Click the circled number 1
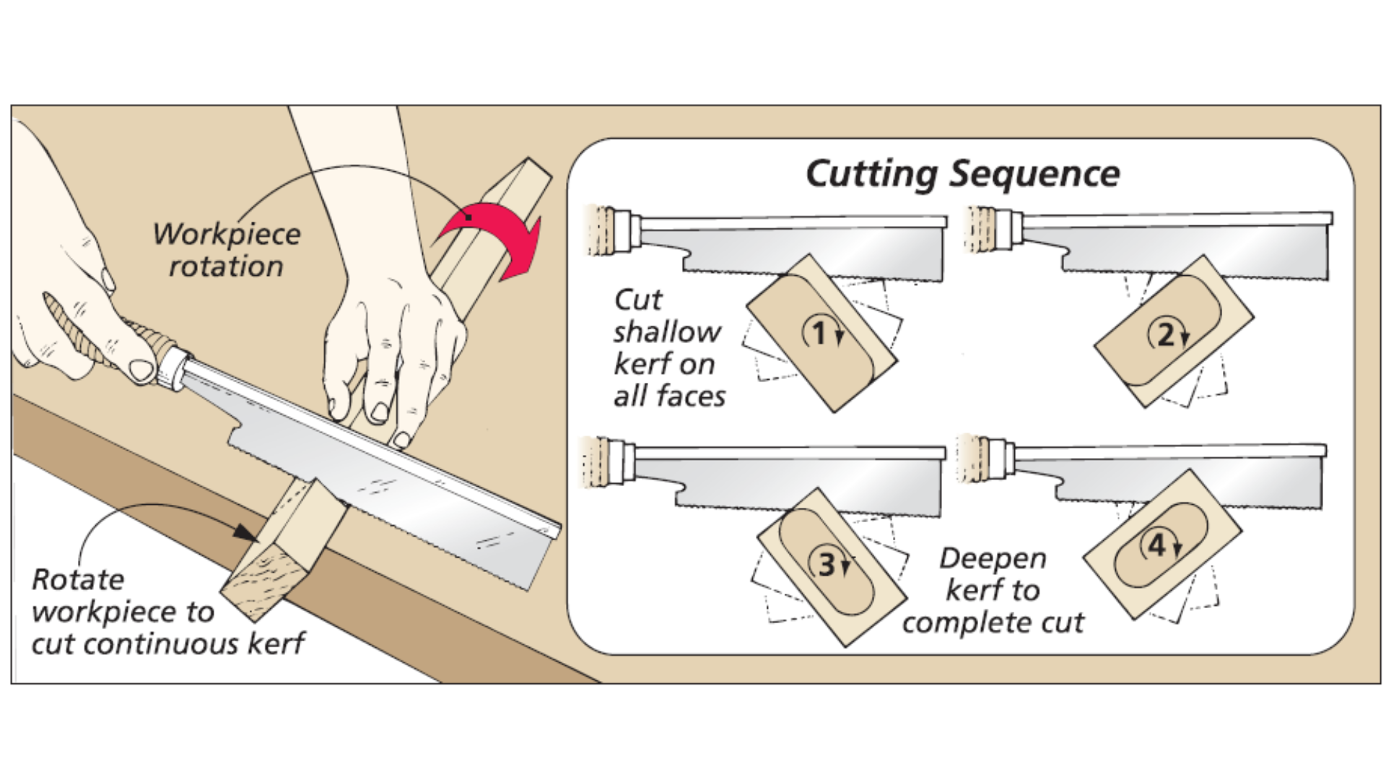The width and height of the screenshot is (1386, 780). [819, 334]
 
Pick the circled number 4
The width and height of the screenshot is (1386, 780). [1157, 545]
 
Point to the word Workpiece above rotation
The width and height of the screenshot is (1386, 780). [227, 235]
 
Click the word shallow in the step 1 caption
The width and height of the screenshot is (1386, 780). [667, 332]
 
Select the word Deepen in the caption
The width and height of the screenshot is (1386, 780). [993, 558]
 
